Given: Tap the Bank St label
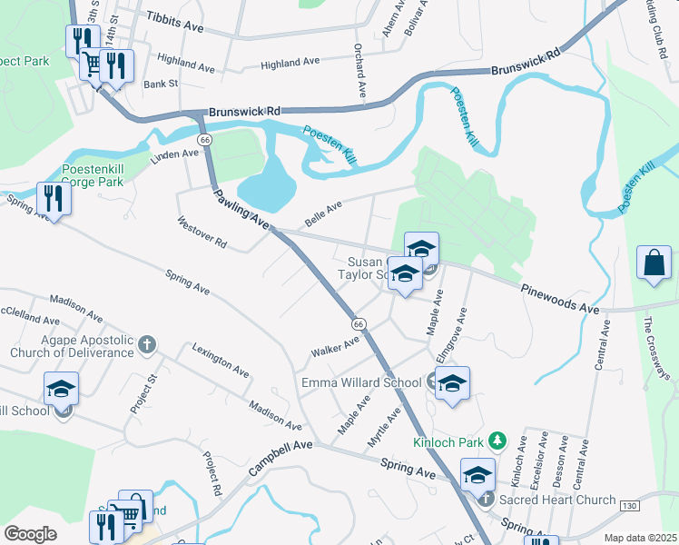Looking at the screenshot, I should (x=161, y=84).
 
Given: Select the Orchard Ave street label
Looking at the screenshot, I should (x=360, y=70).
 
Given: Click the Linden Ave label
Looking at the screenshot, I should (x=174, y=155).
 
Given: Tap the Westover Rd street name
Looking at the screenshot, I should (x=202, y=233).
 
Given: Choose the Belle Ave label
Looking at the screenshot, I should (x=324, y=213).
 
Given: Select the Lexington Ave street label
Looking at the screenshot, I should (x=221, y=360).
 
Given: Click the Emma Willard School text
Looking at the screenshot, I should (x=361, y=382).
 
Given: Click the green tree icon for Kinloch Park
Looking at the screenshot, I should (x=497, y=441).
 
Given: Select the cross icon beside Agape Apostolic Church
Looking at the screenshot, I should (x=147, y=344).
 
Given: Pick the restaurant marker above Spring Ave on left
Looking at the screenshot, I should (x=54, y=199).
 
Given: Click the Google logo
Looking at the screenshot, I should (x=30, y=534).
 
